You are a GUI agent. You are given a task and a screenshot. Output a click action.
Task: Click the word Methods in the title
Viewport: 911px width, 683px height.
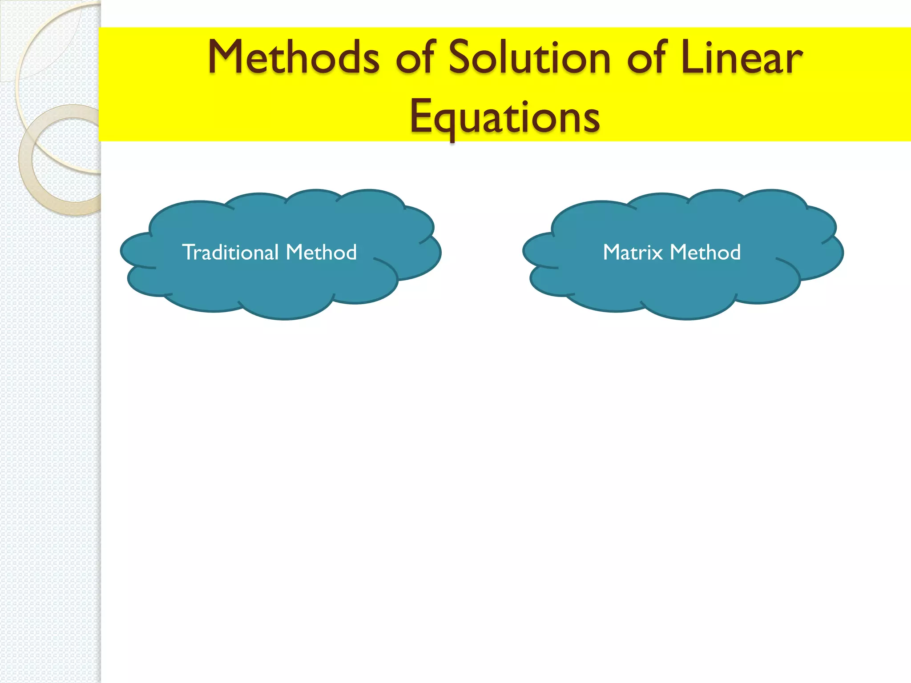click(x=294, y=58)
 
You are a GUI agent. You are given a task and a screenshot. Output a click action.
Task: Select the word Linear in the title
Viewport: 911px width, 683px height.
click(x=741, y=58)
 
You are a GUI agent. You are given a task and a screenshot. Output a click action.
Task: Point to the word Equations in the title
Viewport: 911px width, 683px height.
click(x=504, y=117)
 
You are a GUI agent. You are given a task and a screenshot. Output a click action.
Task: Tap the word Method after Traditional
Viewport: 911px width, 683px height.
click(x=321, y=252)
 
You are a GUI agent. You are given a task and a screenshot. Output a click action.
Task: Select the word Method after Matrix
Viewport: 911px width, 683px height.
click(x=705, y=252)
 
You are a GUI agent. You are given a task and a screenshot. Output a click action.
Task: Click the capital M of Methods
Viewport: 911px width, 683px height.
click(x=227, y=58)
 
